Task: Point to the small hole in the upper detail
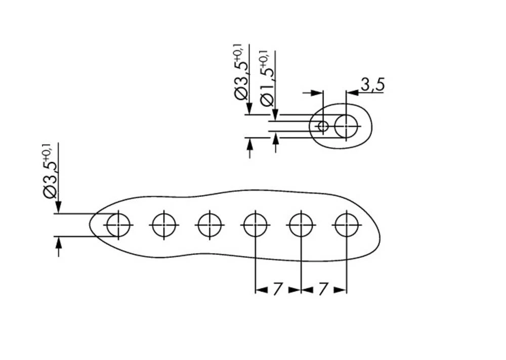pos(323,125)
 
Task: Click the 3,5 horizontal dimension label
pos(372,85)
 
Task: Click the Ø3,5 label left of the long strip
pos(51,174)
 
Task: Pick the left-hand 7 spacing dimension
pos(277,290)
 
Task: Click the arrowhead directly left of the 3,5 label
pos(352,93)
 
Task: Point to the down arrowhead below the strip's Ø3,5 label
pos(58,207)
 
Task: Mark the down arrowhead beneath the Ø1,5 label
pos(274,115)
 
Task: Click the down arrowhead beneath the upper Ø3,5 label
pos(249,109)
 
